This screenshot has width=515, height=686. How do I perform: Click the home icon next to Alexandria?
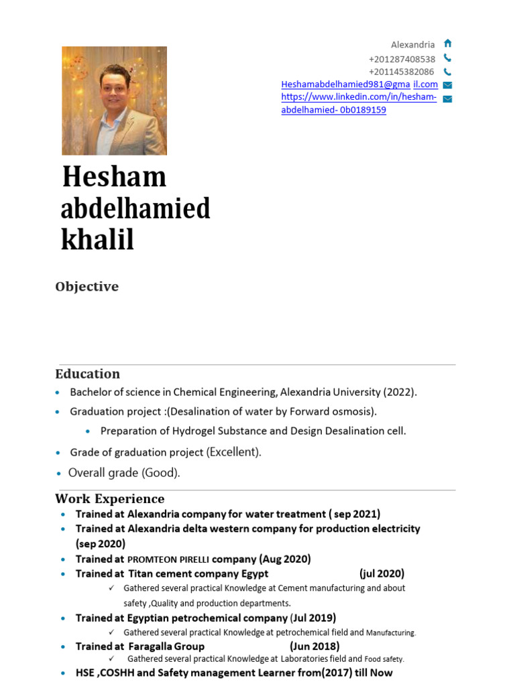pyautogui.click(x=447, y=44)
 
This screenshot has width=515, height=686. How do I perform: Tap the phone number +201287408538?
pyautogui.click(x=402, y=58)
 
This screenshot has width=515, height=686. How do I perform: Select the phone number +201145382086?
pyautogui.click(x=402, y=72)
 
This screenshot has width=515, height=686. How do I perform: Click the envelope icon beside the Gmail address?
pyautogui.click(x=447, y=85)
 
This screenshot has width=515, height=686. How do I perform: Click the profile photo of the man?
pyautogui.click(x=114, y=100)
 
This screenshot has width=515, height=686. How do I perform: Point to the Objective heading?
pyautogui.click(x=87, y=287)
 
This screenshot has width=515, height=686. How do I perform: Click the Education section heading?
pyautogui.click(x=87, y=374)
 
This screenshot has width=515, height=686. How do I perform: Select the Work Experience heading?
pyautogui.click(x=109, y=498)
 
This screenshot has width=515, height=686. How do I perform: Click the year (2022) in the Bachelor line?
pyautogui.click(x=400, y=392)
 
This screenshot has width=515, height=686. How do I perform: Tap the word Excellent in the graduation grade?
pyautogui.click(x=233, y=452)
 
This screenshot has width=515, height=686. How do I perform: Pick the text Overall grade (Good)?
pyautogui.click(x=124, y=473)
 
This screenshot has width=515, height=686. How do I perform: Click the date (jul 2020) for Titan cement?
pyautogui.click(x=382, y=573)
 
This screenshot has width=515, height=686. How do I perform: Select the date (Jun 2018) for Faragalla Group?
pyautogui.click(x=314, y=646)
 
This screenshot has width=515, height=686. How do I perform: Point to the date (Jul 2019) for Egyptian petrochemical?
pyautogui.click(x=313, y=618)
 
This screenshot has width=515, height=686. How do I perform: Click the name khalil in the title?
pyautogui.click(x=97, y=240)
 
